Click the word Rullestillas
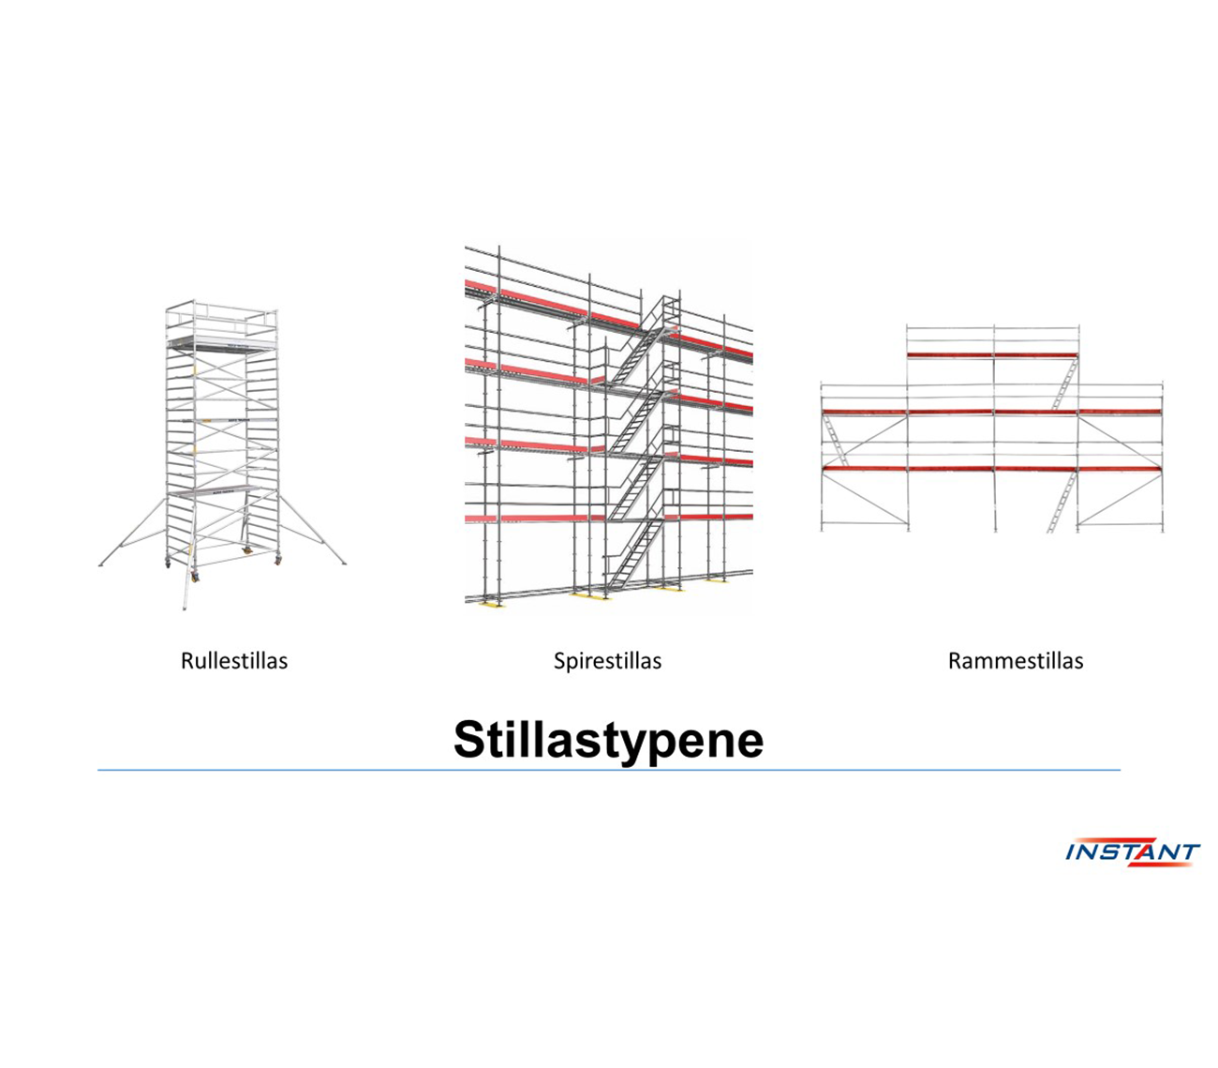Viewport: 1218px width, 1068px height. [x=234, y=660]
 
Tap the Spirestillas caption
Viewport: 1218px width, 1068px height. [x=607, y=661]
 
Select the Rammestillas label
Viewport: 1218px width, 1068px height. [x=1016, y=660]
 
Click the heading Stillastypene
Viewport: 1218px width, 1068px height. [x=608, y=740]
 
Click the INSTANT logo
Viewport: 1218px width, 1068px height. [x=1133, y=851]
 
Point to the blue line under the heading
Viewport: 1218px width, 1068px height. [x=609, y=770]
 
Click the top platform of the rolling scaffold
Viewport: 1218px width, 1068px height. [x=221, y=343]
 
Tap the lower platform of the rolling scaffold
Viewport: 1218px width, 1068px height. [x=214, y=490]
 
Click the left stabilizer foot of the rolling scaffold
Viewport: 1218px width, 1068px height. [x=102, y=564]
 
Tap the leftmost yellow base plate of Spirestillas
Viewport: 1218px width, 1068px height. [x=491, y=603]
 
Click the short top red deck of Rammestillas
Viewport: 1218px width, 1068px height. [x=992, y=354]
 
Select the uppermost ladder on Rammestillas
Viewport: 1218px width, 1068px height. [x=1064, y=385]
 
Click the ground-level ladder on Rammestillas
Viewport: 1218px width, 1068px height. [x=1062, y=503]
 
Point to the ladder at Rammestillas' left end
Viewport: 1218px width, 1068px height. [x=837, y=441]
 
